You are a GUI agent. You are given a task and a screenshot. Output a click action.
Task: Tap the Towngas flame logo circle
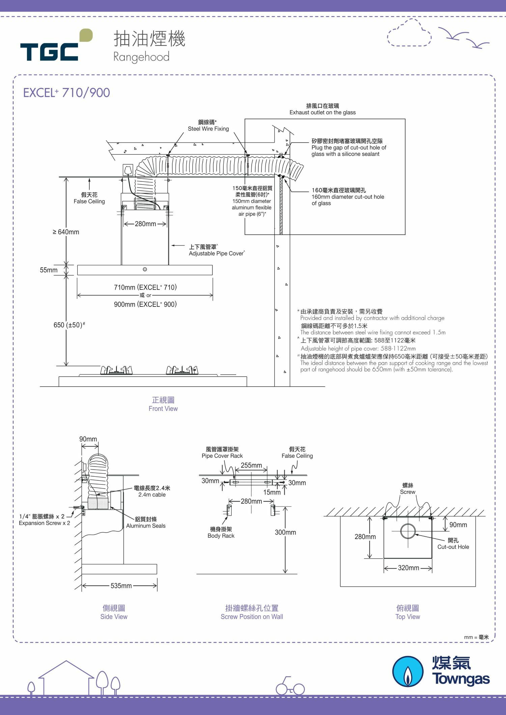click(x=408, y=671)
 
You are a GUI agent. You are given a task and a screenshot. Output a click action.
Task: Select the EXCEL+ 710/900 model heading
click(x=66, y=93)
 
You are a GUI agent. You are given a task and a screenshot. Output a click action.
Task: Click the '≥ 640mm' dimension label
click(x=66, y=232)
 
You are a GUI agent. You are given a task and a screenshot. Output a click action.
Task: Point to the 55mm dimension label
click(x=49, y=270)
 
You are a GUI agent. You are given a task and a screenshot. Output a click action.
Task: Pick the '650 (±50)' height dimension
click(x=69, y=325)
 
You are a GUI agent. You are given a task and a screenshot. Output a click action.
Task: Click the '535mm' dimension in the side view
click(x=121, y=586)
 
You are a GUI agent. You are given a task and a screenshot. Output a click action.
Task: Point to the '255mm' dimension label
click(x=251, y=465)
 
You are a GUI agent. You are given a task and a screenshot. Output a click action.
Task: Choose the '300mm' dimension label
click(x=285, y=532)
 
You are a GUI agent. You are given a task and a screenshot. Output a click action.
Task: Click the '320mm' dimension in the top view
click(x=408, y=568)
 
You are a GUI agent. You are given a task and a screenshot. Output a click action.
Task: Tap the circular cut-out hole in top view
click(x=408, y=531)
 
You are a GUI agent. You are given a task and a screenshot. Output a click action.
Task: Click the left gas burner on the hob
click(x=116, y=370)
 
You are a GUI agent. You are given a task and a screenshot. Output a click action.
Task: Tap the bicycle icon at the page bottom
click(x=290, y=686)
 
